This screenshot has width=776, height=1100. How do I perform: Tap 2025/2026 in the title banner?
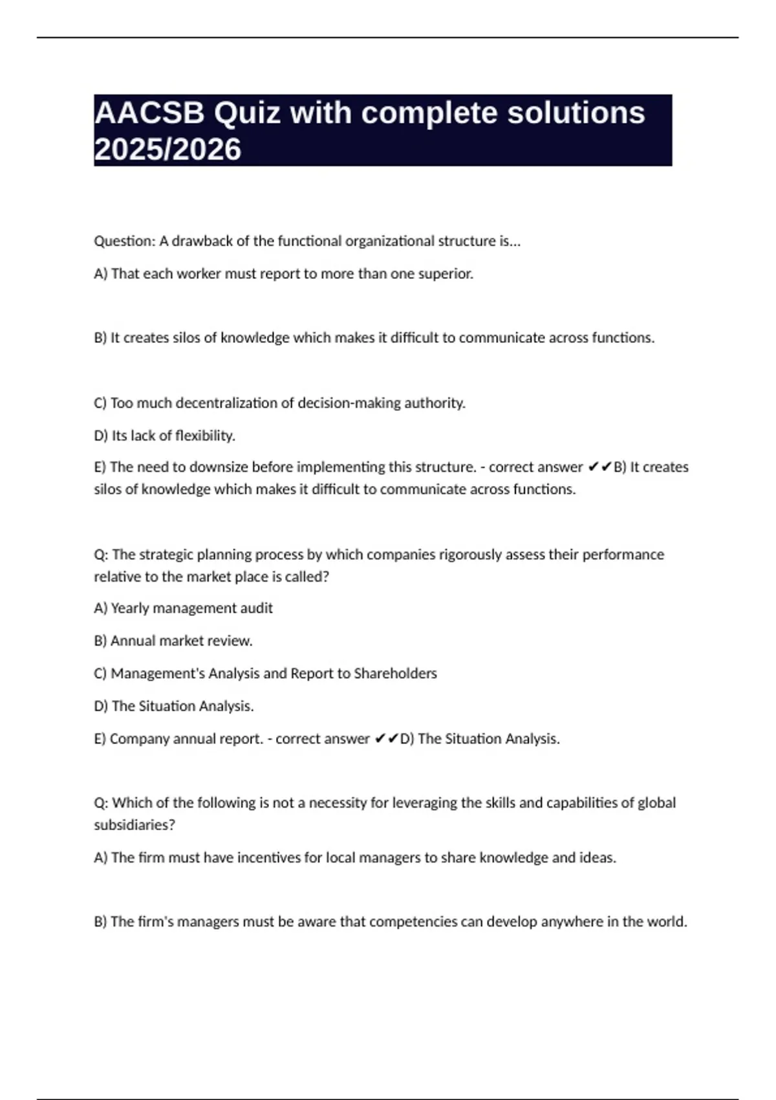click(167, 149)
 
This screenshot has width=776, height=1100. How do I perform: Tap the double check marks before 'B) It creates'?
click(599, 467)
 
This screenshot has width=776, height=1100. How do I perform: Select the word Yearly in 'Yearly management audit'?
click(129, 608)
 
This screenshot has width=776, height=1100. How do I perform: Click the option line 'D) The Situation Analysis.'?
click(174, 706)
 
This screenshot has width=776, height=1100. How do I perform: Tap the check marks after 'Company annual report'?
click(386, 739)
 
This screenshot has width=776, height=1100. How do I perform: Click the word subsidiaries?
click(135, 825)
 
